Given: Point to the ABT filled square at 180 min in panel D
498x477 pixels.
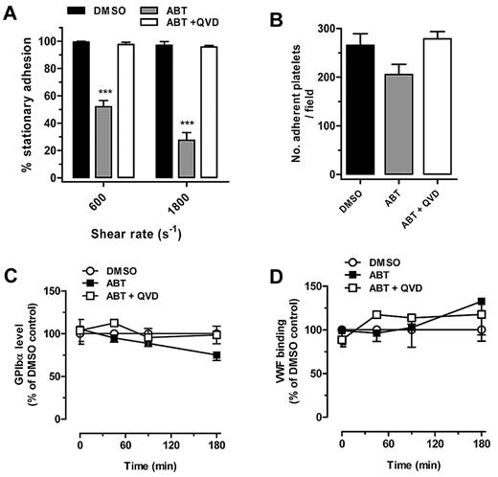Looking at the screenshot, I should pyautogui.click(x=480, y=301).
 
